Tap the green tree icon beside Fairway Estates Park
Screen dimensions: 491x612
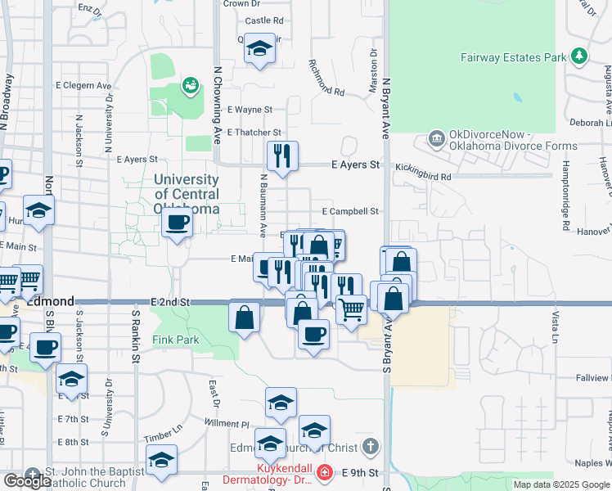tap(580, 56)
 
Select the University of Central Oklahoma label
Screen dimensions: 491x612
tap(187, 194)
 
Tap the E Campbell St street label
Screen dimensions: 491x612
tap(350, 211)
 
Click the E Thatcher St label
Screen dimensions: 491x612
tap(254, 132)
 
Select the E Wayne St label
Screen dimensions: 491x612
tap(250, 109)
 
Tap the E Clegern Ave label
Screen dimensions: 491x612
tap(83, 85)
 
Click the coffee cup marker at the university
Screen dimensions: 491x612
tap(177, 222)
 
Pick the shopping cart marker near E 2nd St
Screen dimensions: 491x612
tap(351, 309)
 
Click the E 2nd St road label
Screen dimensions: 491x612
tap(170, 302)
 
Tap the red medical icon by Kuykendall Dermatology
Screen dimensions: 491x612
tap(325, 473)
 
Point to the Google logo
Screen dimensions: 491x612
tap(27, 481)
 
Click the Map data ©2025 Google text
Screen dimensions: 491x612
tap(560, 484)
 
